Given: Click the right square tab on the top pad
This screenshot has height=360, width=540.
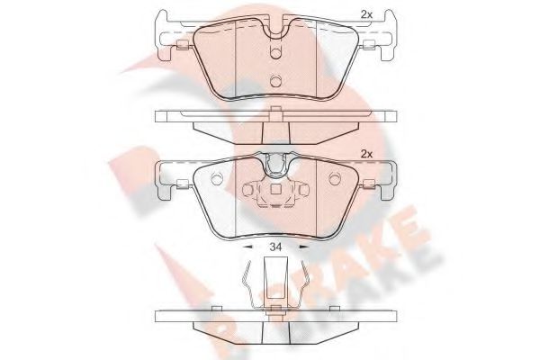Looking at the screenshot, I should point(369,47).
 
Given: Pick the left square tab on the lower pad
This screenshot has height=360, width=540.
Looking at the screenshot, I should point(180,184).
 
